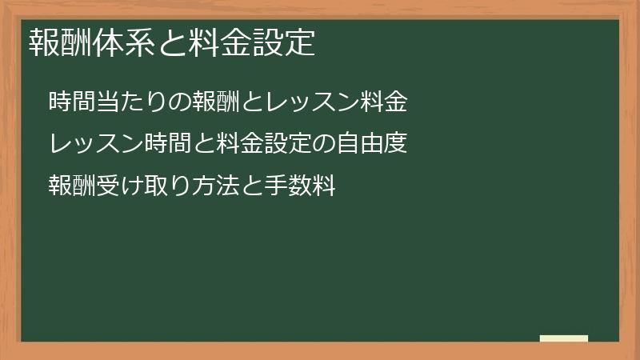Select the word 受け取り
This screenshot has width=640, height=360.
[138, 186]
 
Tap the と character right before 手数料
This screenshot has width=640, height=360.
[244, 186]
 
